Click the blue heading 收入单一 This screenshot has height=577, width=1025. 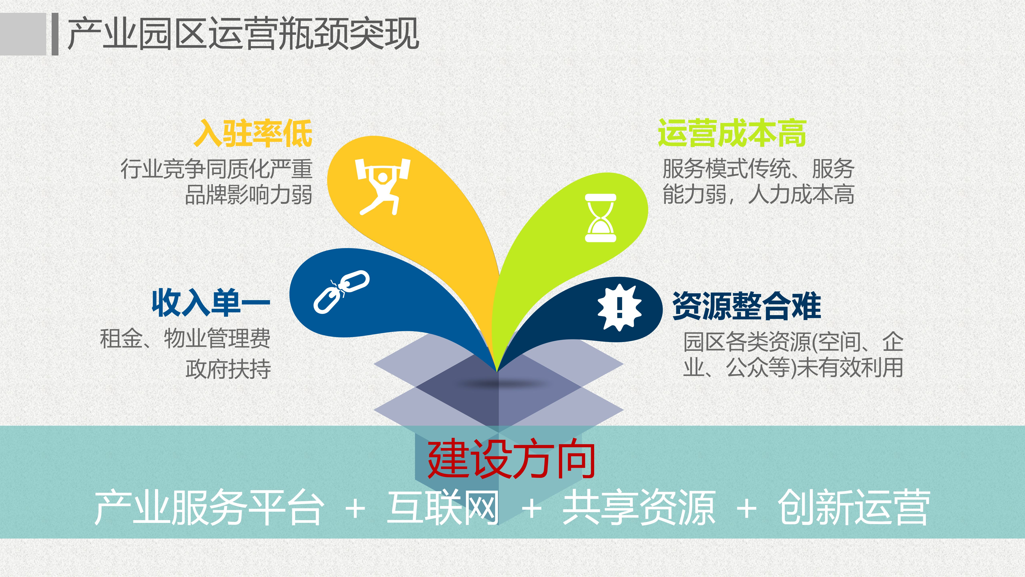[211, 304]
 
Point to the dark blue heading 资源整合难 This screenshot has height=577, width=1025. [747, 306]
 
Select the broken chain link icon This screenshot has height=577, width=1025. [341, 292]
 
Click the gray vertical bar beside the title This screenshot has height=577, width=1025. [55, 34]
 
